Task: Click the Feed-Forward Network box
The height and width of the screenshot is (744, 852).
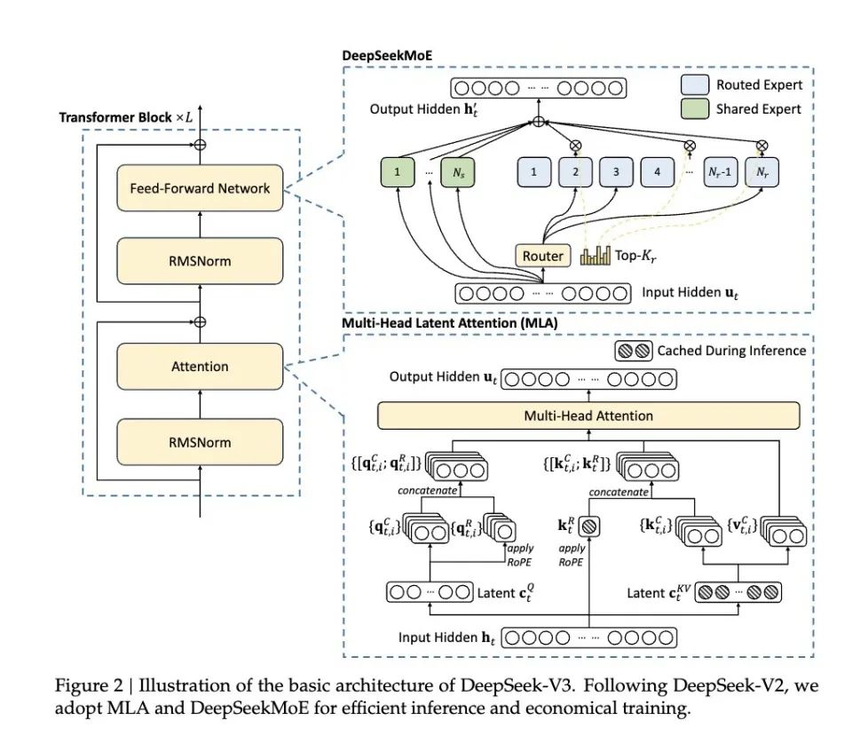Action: click(200, 187)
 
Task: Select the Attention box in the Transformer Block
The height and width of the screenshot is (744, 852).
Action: click(200, 366)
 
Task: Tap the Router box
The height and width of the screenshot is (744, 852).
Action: click(542, 256)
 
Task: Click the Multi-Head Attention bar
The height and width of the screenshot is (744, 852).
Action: click(588, 415)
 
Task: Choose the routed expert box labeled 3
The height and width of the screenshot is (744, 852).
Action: click(615, 172)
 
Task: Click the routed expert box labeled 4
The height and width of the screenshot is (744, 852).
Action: click(657, 172)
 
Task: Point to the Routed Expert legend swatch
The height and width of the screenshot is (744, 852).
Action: click(695, 85)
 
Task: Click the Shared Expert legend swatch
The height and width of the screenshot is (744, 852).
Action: click(695, 108)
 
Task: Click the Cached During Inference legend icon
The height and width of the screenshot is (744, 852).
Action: click(634, 350)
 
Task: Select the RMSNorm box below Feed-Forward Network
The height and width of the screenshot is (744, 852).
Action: click(200, 263)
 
